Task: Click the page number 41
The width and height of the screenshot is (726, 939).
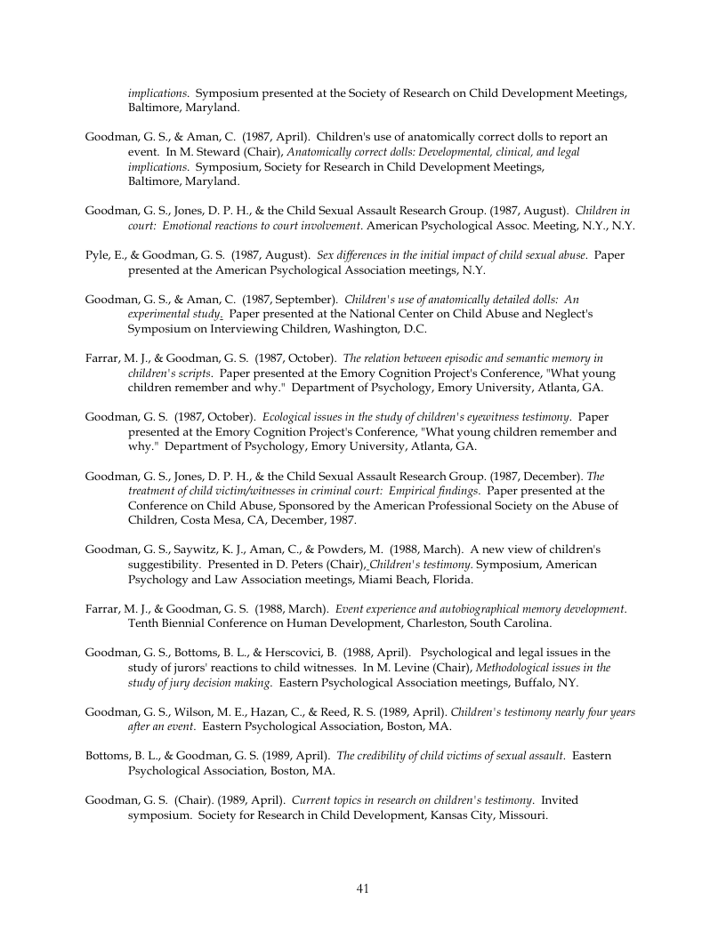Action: click(x=362, y=888)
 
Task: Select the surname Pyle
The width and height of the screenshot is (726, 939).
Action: click(x=97, y=255)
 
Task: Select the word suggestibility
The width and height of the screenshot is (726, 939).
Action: click(x=171, y=565)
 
